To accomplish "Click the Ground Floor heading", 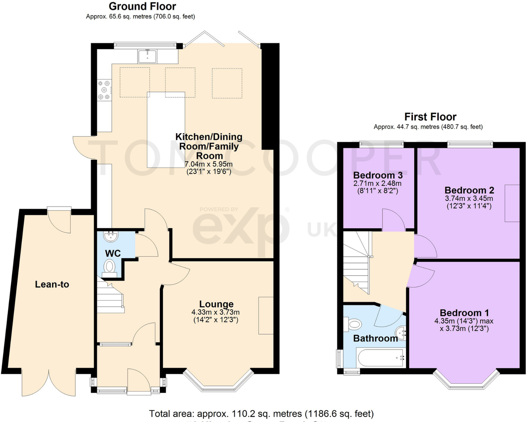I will pos(142,6).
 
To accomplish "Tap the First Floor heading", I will pos(430,117).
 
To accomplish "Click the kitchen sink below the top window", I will pos(148,56).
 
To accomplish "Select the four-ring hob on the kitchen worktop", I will pos(105,90).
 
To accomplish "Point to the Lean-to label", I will pos(52,285).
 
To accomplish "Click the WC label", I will pos(113,254).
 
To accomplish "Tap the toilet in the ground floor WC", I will pos(109,267).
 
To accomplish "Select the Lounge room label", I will pos(216,304).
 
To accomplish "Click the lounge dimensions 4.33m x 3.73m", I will pos(216,312).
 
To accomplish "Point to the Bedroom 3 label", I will pos(378,175).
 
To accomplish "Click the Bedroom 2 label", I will pos(469,190).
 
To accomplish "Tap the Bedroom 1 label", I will pos(464,313).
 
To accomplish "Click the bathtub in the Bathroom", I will pos(381,357).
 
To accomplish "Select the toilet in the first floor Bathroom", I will pos(353,324).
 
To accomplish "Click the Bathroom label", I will pos(375,338).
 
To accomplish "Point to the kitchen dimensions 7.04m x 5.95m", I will pos(208,164).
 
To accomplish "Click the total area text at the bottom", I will pos(261,414).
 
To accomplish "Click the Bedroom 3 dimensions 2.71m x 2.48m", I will pos(377,183).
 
